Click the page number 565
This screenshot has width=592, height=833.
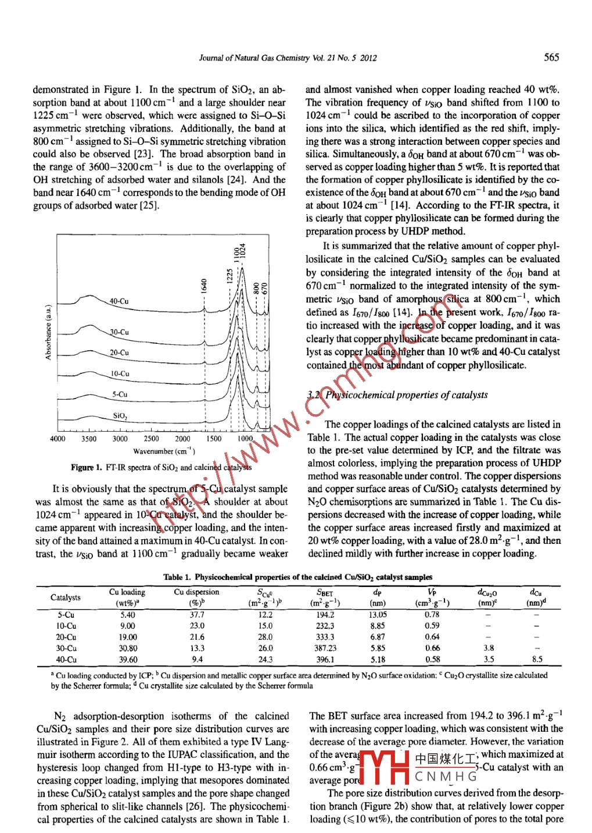[x=551, y=57]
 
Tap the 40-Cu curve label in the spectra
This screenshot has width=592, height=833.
[x=119, y=301]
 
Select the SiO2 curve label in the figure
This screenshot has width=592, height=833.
[x=120, y=416]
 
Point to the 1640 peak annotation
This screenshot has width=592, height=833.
[x=204, y=287]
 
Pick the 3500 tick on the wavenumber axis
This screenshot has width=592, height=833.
[x=89, y=439]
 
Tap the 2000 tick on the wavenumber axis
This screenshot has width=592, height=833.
[x=182, y=439]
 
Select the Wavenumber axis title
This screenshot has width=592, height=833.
[x=164, y=451]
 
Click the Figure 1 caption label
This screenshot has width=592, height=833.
[x=87, y=468]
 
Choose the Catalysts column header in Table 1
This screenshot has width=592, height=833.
[x=66, y=597]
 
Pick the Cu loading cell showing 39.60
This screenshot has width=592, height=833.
[x=127, y=660]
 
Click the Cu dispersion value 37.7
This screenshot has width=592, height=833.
[x=197, y=615]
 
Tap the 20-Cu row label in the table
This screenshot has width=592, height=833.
[x=66, y=637]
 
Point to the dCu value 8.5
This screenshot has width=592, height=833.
[x=537, y=660]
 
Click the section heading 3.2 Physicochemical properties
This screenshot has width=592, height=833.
[x=397, y=396]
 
